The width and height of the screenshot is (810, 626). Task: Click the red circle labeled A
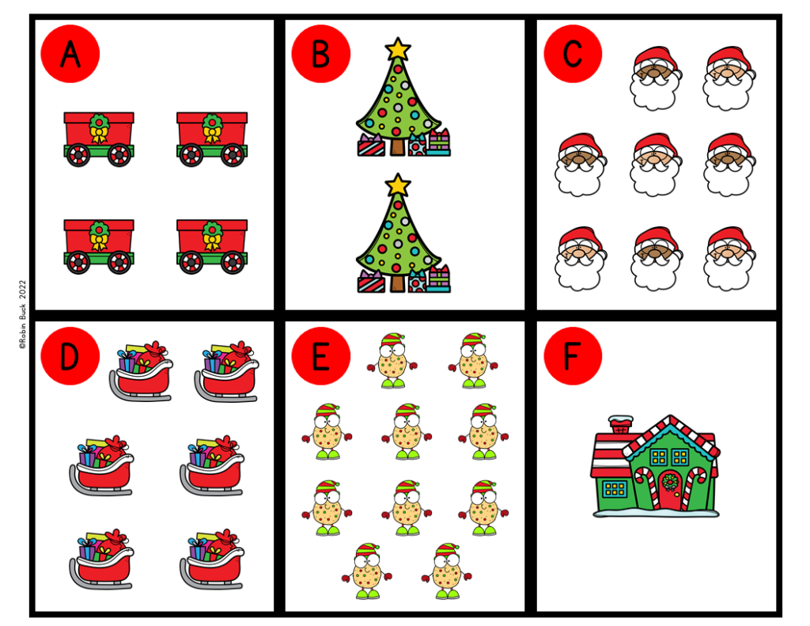coord(70,54)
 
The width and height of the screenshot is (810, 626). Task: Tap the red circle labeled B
coord(320,54)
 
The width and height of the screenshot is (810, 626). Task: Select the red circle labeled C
coord(572,54)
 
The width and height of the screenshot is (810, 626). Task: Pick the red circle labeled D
coord(70,356)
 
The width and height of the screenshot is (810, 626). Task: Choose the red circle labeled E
coord(320,356)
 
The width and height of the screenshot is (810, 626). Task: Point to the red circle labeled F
coord(572,356)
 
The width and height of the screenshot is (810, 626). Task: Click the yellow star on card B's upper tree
coord(398,49)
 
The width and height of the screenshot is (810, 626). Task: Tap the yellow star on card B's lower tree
coord(398,186)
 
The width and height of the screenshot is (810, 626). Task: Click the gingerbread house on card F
coord(655,467)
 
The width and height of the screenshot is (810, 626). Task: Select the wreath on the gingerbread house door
coord(669,480)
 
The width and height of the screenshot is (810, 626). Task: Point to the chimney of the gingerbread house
coord(620,424)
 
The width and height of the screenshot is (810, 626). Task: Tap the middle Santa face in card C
coord(656,165)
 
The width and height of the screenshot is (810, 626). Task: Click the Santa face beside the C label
coord(656,78)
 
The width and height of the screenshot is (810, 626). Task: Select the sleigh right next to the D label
coord(141,371)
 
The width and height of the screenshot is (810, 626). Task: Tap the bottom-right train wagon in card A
coord(211,246)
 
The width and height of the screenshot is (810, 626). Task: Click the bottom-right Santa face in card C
coord(729,258)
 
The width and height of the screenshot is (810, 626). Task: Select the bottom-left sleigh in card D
coord(101,558)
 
